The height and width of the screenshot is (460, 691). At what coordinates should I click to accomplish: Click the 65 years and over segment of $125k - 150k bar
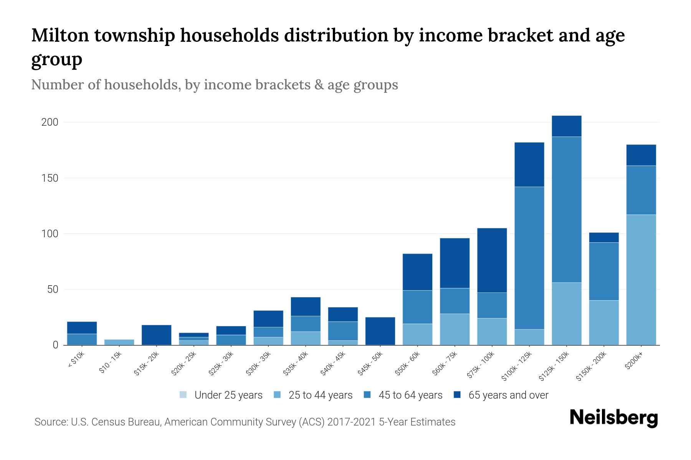click(566, 126)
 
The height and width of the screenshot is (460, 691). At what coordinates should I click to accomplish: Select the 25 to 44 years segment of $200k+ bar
click(641, 280)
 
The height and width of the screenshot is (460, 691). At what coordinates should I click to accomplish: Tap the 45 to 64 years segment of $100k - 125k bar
click(529, 258)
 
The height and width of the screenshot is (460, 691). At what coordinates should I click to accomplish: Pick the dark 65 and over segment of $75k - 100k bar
click(492, 260)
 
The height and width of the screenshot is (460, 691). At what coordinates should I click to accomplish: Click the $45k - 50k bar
click(380, 331)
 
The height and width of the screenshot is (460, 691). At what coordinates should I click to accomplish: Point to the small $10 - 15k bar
click(119, 342)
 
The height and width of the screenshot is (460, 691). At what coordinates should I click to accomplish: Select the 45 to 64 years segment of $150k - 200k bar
click(603, 271)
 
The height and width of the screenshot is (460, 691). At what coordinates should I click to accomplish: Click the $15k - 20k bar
click(156, 335)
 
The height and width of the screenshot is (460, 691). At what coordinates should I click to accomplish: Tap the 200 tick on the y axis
click(50, 122)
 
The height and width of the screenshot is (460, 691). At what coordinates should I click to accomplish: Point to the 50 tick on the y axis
click(53, 289)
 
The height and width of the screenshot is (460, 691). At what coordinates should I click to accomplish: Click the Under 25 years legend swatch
click(183, 395)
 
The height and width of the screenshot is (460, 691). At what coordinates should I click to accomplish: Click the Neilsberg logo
click(613, 418)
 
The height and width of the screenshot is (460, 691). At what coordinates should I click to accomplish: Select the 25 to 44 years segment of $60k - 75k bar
click(455, 329)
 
